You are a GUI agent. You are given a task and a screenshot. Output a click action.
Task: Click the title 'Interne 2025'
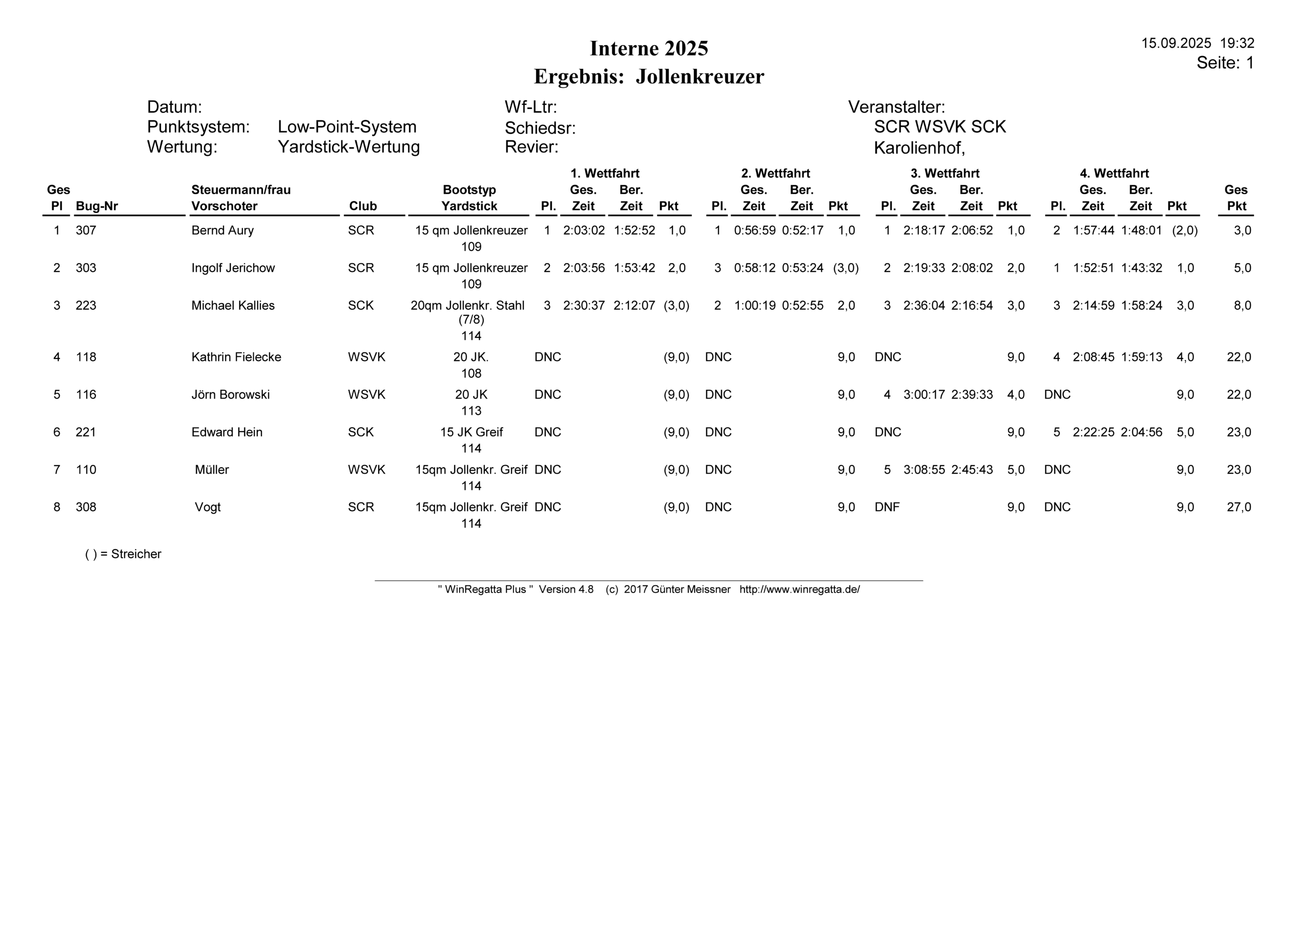pyautogui.click(x=649, y=49)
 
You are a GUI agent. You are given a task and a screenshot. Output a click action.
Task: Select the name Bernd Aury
pyautogui.click(x=222, y=231)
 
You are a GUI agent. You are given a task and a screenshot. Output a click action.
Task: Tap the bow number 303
pyautogui.click(x=86, y=268)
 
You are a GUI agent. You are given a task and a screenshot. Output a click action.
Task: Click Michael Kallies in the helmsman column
pyautogui.click(x=233, y=306)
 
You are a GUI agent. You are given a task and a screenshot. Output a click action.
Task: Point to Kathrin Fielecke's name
pyautogui.click(x=236, y=357)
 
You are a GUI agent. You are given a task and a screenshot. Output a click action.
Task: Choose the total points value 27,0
pyautogui.click(x=1238, y=507)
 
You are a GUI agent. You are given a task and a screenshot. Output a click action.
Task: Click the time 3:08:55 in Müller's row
pyautogui.click(x=924, y=470)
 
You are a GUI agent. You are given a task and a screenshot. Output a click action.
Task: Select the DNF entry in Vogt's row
pyautogui.click(x=887, y=507)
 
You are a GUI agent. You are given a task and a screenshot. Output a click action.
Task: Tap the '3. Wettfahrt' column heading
pyautogui.click(x=945, y=173)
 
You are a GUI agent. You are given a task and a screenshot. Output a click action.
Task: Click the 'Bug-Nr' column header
pyautogui.click(x=96, y=206)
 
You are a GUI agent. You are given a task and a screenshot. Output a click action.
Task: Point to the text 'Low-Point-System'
pyautogui.click(x=347, y=127)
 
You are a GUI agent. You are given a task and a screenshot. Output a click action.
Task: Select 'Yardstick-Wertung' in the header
pyautogui.click(x=348, y=147)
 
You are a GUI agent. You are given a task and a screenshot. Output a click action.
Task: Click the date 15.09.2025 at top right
pyautogui.click(x=1176, y=44)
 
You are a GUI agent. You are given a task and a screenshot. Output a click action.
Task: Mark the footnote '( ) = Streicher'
pyautogui.click(x=123, y=554)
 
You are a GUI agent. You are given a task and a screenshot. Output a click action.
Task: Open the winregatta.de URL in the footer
pyautogui.click(x=799, y=589)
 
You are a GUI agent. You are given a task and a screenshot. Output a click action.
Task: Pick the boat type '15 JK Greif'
pyautogui.click(x=471, y=432)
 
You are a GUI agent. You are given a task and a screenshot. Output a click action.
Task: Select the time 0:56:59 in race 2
pyautogui.click(x=754, y=231)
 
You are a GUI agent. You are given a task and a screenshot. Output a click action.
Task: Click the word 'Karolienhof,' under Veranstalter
pyautogui.click(x=919, y=148)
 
